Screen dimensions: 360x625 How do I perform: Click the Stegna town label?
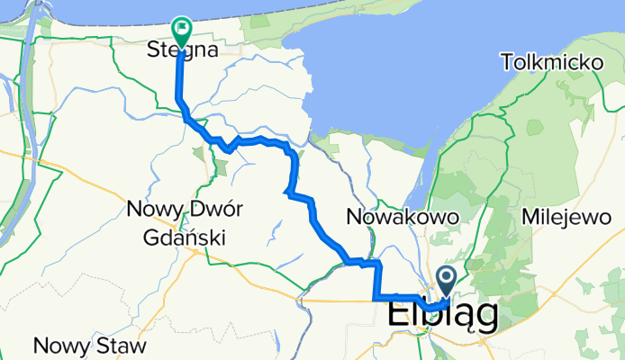click(182, 51)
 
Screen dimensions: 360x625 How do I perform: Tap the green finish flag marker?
click(181, 32)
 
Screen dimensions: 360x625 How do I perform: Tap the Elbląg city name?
click(443, 316)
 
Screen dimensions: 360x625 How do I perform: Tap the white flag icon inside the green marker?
click(181, 29)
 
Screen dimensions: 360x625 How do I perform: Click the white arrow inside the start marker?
click(447, 277)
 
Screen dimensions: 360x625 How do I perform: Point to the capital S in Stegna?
click(152, 51)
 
